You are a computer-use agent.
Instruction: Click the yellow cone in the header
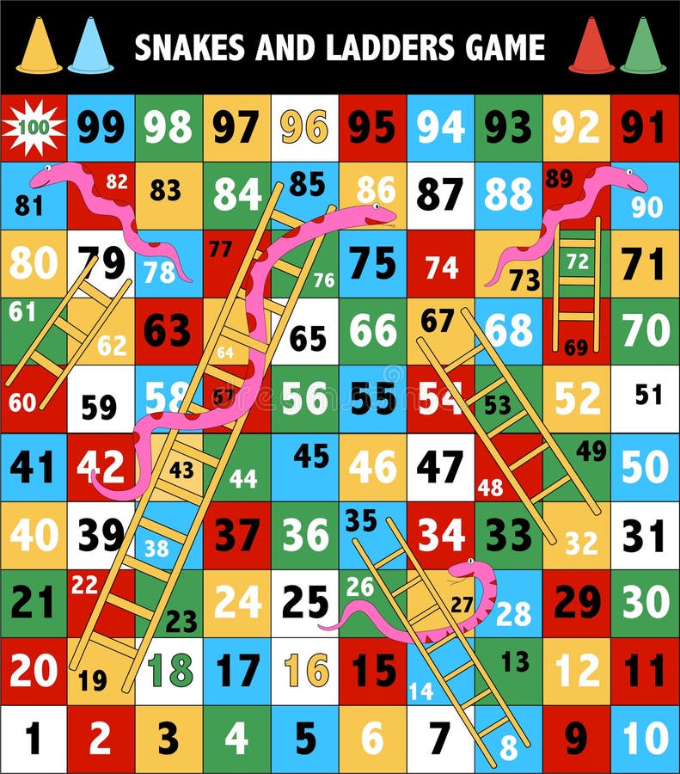[39, 47]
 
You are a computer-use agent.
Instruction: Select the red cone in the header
[591, 47]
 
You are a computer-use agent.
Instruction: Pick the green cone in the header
[643, 47]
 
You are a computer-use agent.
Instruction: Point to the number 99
[101, 127]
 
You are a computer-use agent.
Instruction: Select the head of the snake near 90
[632, 180]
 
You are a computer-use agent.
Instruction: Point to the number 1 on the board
[33, 738]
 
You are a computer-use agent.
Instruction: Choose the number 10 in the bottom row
[646, 738]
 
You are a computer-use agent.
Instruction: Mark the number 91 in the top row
[644, 127]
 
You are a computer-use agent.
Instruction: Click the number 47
[439, 467]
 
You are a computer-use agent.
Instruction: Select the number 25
[304, 601]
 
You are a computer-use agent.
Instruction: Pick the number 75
[372, 263]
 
